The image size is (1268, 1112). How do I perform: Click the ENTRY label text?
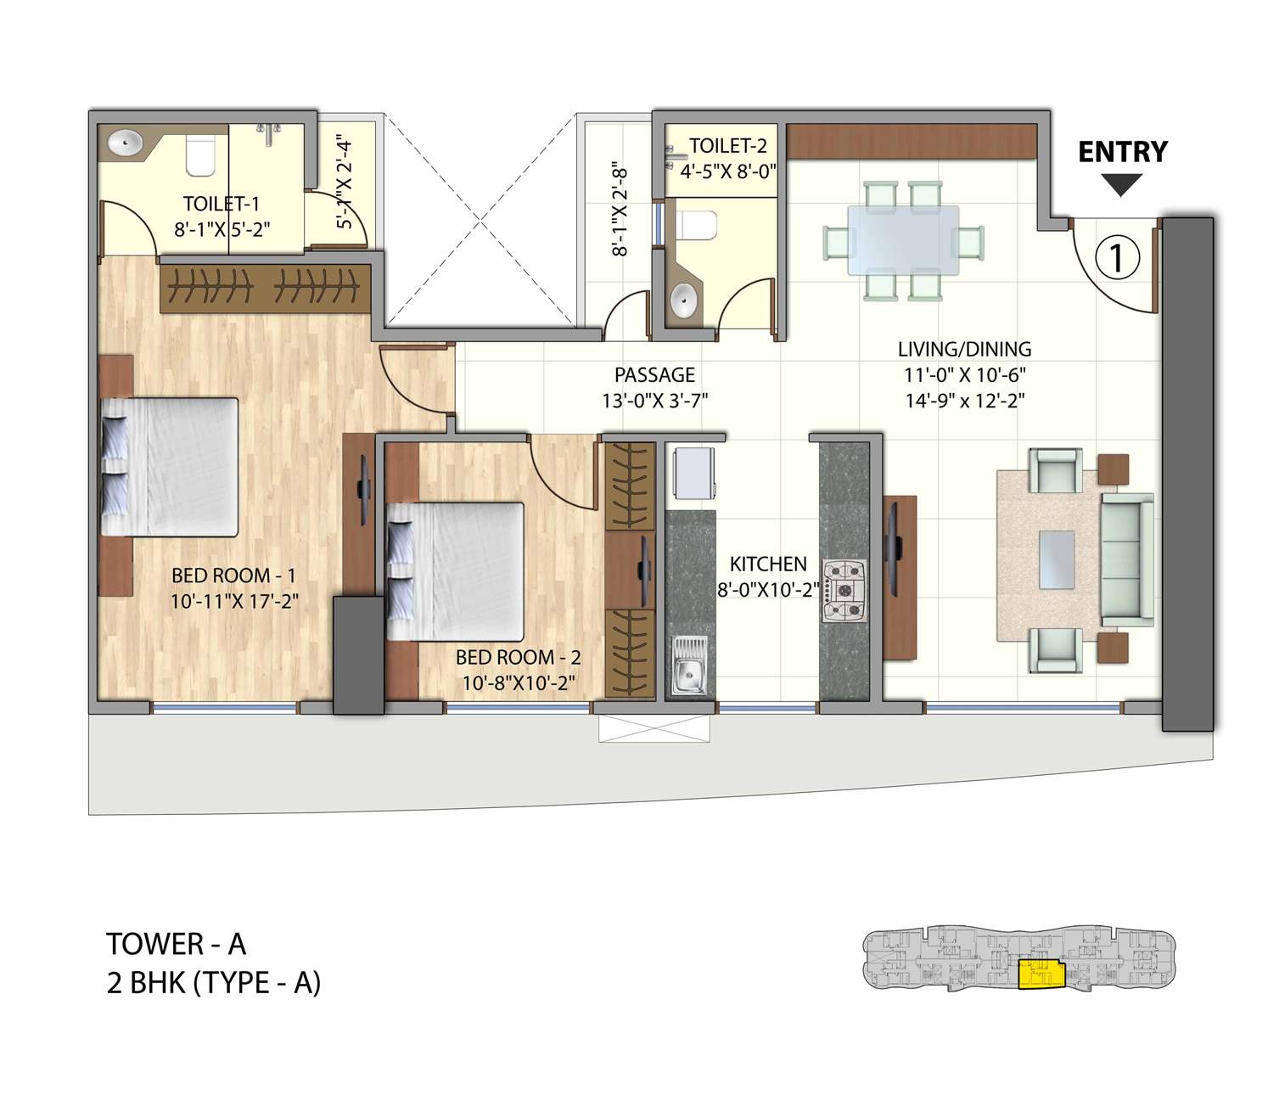(1122, 152)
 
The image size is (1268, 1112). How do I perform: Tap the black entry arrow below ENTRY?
(1121, 183)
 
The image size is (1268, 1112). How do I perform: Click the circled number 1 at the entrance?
(1116, 258)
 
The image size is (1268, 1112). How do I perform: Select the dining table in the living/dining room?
(903, 240)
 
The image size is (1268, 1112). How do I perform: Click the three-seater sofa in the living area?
(1127, 560)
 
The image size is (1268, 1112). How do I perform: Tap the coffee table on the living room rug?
(1057, 559)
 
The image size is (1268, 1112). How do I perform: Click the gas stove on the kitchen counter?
(844, 591)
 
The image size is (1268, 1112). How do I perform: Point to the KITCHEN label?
(768, 564)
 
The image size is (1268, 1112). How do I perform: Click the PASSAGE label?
(654, 375)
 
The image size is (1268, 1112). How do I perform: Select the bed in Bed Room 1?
(170, 467)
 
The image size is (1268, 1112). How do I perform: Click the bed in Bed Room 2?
(456, 571)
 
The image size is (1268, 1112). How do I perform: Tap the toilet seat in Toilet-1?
(200, 155)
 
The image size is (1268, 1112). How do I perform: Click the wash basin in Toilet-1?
(126, 143)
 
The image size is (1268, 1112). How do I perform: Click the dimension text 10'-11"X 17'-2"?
(234, 602)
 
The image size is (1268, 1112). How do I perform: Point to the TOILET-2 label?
(727, 146)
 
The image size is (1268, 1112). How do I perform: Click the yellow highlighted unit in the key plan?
(1041, 974)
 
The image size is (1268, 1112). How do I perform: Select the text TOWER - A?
(176, 944)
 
